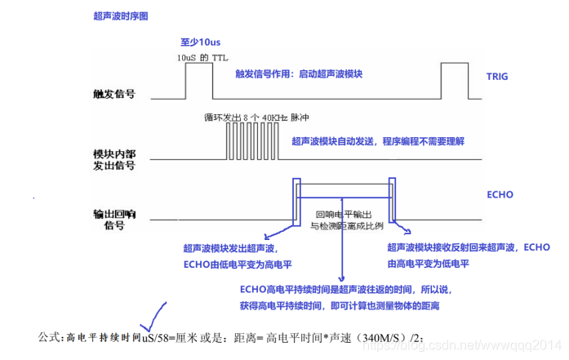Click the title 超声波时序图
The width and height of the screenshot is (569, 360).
120,15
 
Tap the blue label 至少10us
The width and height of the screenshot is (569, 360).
201,42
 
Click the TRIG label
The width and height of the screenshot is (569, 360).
497,76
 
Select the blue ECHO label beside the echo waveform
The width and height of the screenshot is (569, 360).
499,195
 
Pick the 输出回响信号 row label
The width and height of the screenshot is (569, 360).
114,218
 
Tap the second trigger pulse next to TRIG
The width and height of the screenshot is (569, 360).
454,79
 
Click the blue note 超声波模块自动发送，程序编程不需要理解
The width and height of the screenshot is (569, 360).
379,141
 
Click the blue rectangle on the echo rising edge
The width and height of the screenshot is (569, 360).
296,198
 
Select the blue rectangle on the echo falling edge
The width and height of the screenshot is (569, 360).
393,198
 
